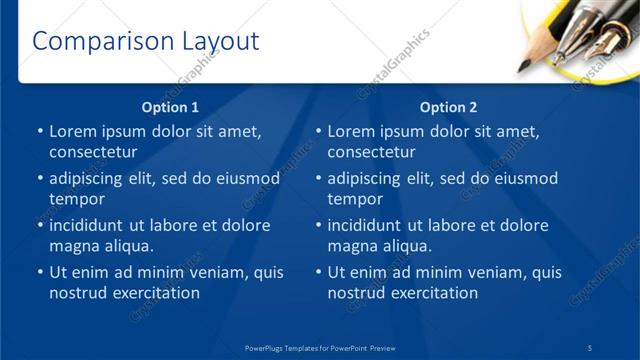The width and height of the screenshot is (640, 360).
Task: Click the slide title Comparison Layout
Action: coord(146,41)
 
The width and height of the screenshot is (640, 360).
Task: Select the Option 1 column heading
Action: coord(171,107)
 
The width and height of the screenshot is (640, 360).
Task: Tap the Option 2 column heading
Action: coord(449,107)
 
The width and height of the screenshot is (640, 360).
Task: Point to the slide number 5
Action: coord(590,346)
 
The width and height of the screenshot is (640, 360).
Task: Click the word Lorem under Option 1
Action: coord(73,131)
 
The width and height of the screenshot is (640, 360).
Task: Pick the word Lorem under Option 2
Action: coord(351,131)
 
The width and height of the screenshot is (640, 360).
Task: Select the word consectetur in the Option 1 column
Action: coord(93,152)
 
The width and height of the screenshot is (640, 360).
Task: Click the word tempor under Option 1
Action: coord(73,199)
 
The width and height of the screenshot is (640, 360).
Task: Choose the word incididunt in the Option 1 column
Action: coord(93,225)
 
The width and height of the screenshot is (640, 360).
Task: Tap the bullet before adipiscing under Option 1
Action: coord(40,179)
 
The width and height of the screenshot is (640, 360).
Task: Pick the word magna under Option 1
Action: coord(74,246)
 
